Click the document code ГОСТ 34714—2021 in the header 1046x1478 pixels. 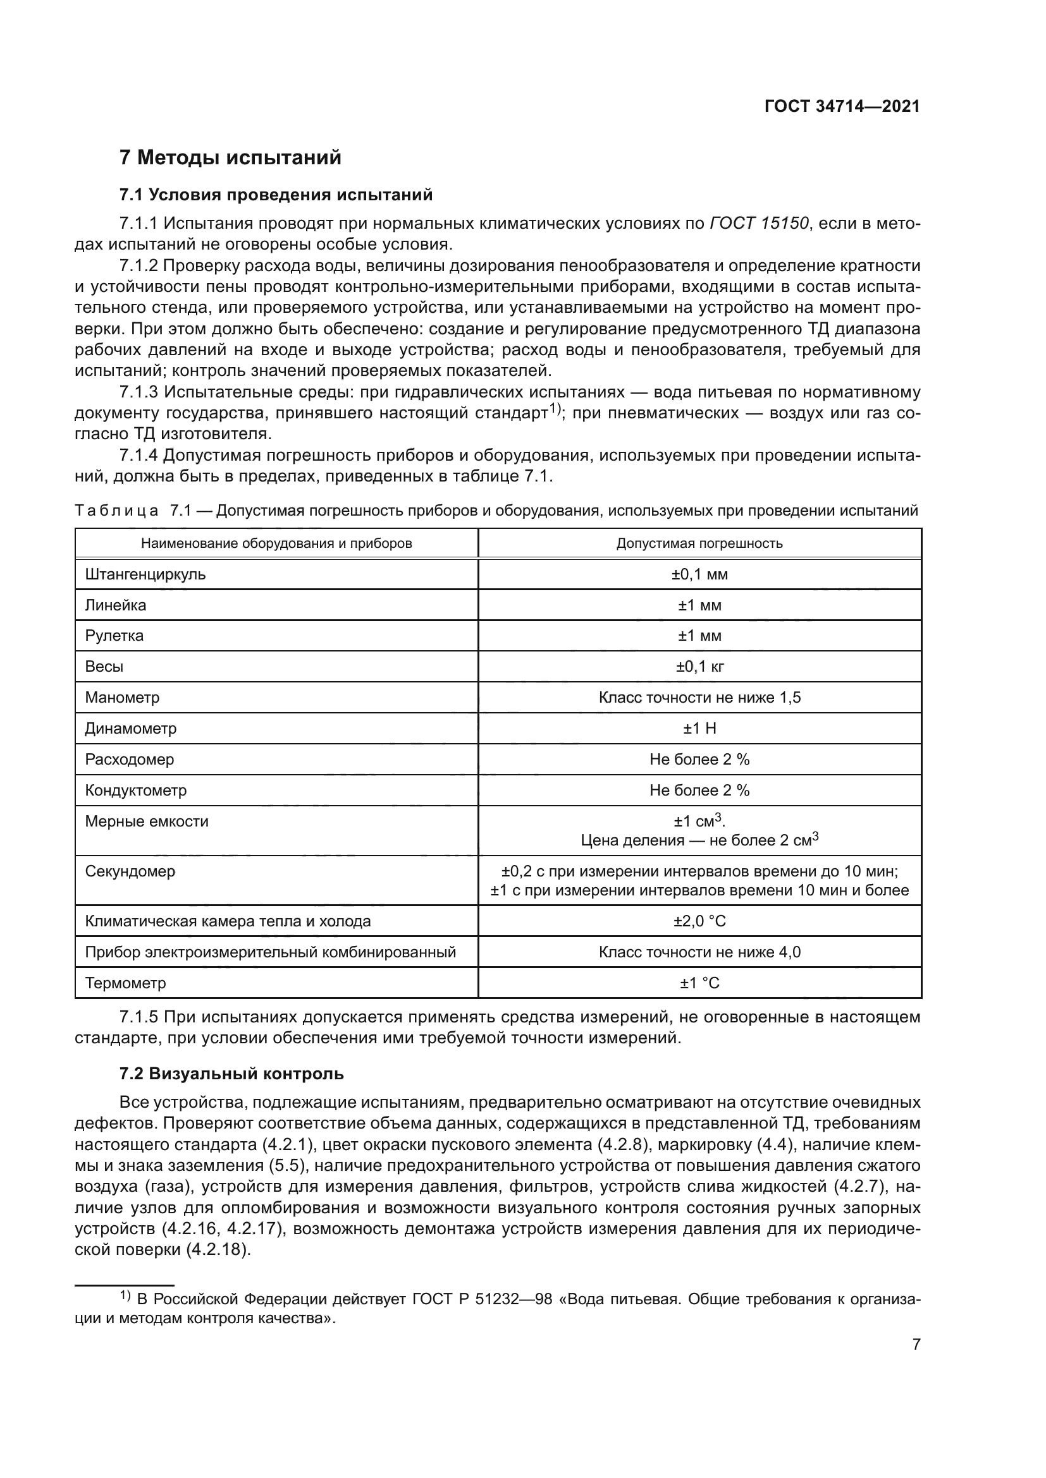tap(842, 106)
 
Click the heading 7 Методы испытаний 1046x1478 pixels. tap(230, 158)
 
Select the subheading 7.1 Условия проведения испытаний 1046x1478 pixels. tap(276, 195)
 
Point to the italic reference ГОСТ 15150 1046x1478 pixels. tap(759, 223)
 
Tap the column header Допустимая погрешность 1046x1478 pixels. tap(699, 543)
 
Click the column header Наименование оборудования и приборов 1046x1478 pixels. tap(276, 543)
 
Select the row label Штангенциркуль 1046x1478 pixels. tap(145, 574)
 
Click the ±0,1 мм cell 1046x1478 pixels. tap(699, 574)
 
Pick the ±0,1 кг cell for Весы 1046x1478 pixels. tap(699, 667)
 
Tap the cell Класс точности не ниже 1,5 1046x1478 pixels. tap(699, 698)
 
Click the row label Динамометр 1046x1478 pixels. tap(131, 729)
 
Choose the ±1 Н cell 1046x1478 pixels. tap(699, 729)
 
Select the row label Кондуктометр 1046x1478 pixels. tap(136, 790)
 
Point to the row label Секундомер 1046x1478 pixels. tap(130, 871)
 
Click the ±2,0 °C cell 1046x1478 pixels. tap(699, 921)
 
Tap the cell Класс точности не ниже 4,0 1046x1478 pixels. tap(699, 952)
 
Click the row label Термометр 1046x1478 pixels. tap(126, 983)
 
